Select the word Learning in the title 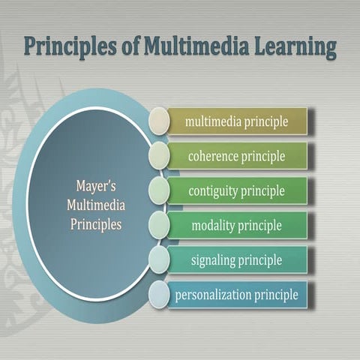[x=292, y=46]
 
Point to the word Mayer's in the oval [x=96, y=184]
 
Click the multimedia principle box [x=237, y=121]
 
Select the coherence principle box [x=237, y=156]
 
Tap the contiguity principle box [x=237, y=190]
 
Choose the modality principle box [x=237, y=225]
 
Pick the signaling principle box [x=237, y=259]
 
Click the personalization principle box [x=237, y=295]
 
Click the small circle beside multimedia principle [x=159, y=121]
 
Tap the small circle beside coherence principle [x=159, y=156]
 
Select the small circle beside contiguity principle [x=159, y=190]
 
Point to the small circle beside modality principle [x=159, y=225]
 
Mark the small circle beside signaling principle [x=159, y=259]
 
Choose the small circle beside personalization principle [x=159, y=295]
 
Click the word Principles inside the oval [x=95, y=223]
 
